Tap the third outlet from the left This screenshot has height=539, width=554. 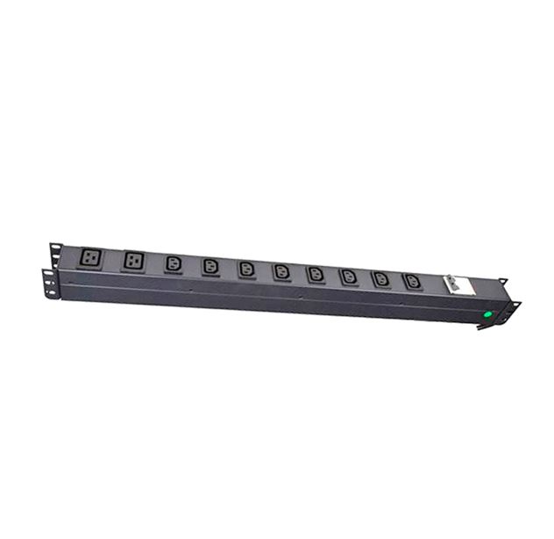point(173,263)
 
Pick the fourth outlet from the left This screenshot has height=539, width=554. point(210,265)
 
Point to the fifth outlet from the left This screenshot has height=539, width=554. point(246,268)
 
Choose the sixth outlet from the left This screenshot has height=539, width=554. point(281,270)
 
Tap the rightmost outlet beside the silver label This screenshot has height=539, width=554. point(412,281)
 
